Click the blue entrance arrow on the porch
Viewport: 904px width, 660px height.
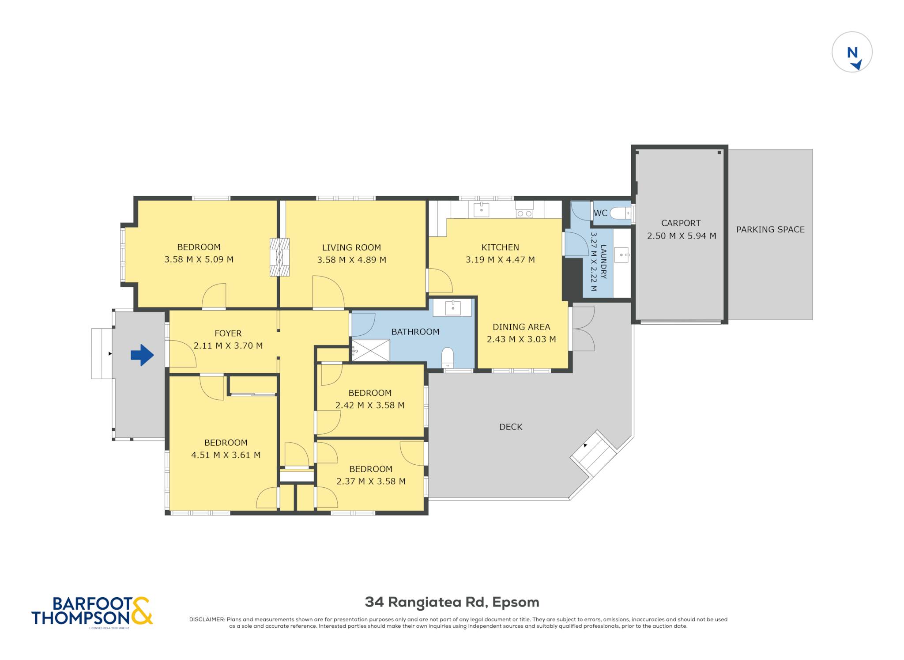tap(142, 355)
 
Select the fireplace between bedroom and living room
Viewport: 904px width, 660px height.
tap(279, 257)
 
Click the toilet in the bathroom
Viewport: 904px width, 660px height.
tap(448, 357)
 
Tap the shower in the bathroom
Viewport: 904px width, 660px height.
tap(370, 350)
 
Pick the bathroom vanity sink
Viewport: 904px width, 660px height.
tap(453, 308)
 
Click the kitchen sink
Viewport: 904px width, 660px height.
tap(481, 209)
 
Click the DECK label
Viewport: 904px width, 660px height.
tap(511, 427)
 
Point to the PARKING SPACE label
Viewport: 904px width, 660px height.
tap(770, 229)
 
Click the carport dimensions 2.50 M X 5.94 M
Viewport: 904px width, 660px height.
tap(682, 236)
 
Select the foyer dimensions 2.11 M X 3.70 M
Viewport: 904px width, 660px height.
tap(228, 345)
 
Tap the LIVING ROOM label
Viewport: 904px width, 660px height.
tap(351, 247)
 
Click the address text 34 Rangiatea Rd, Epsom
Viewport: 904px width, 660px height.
tap(452, 602)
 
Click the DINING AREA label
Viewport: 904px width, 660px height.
tap(521, 327)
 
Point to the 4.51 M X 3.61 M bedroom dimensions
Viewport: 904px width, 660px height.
tap(226, 455)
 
